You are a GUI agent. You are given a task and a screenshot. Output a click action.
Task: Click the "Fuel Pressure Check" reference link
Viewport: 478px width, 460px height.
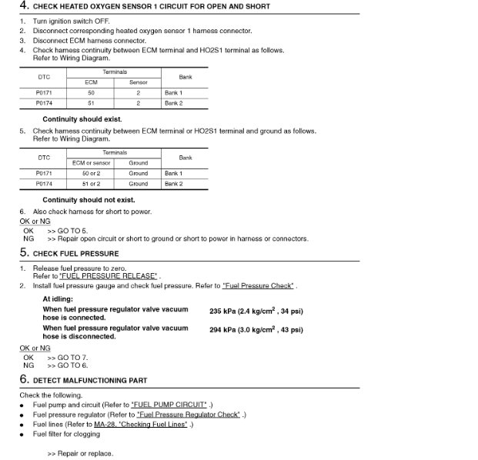point(258,286)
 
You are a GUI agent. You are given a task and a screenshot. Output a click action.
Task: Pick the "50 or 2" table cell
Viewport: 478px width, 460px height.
point(91,174)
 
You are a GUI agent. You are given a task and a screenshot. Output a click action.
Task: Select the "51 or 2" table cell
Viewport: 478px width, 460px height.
point(91,184)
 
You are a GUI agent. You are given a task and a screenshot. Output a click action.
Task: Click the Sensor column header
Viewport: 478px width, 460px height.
point(138,82)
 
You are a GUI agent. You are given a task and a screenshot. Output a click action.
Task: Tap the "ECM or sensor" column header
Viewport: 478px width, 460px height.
point(91,163)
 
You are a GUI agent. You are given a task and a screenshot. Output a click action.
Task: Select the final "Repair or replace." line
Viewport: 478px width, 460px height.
point(85,454)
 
